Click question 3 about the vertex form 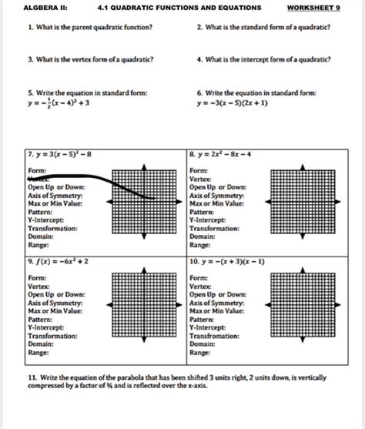[x=89, y=59]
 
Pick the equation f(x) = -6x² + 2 [x=62, y=262]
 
